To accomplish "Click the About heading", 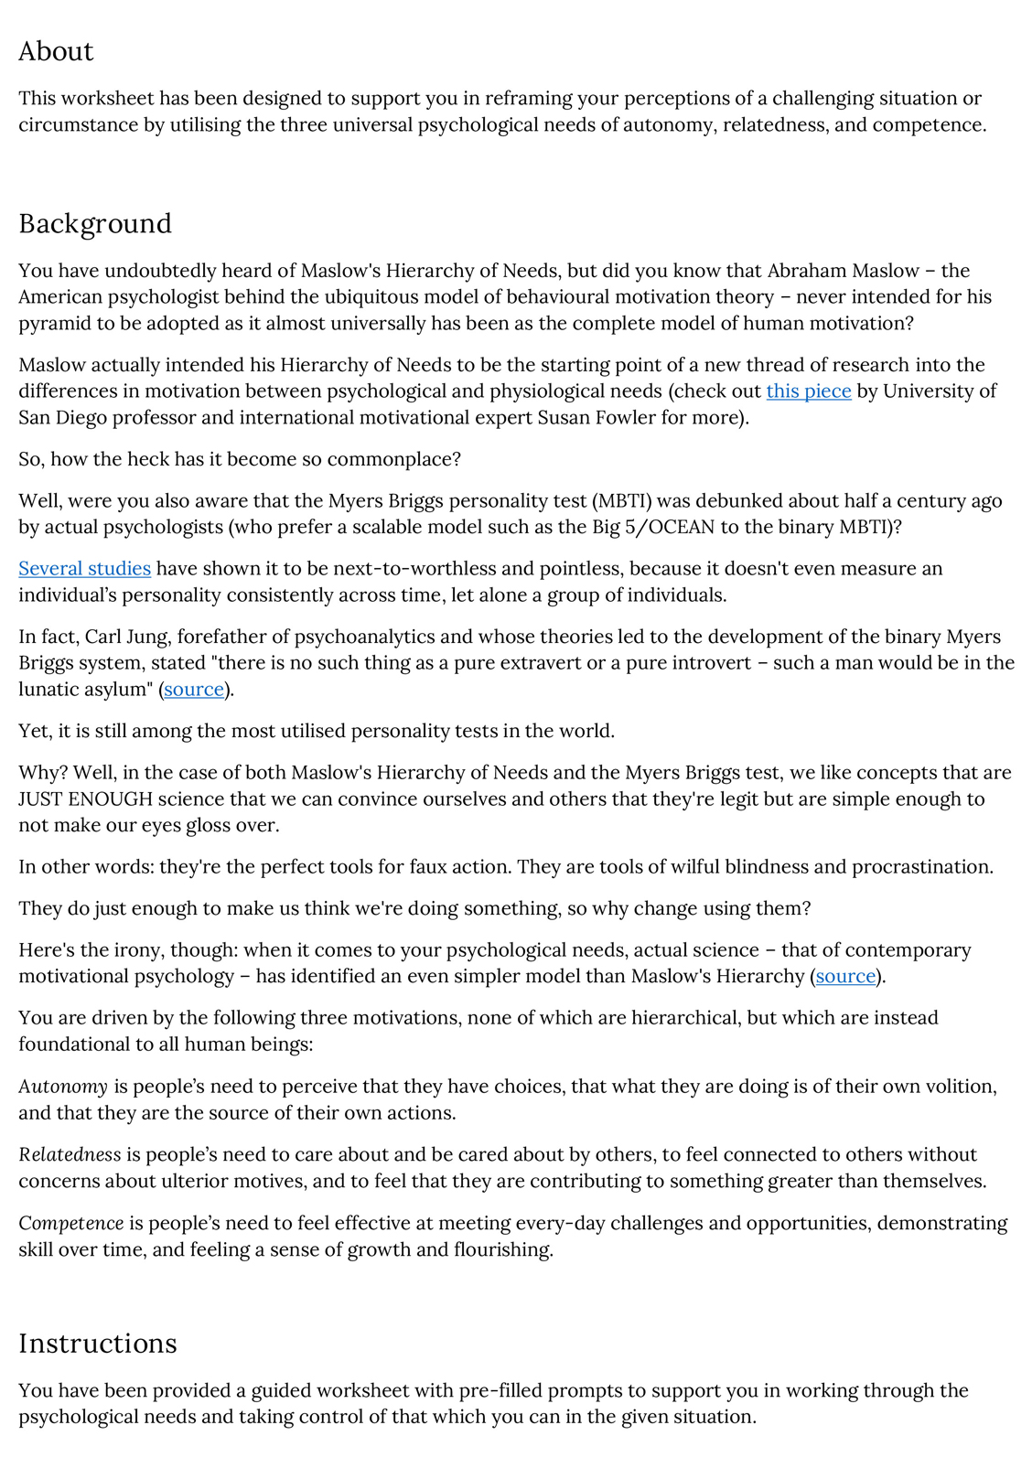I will (x=56, y=51).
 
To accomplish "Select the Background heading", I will (x=95, y=224).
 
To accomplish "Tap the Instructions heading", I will (x=98, y=1344).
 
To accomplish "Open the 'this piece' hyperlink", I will (x=809, y=391).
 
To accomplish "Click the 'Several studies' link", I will (x=84, y=569).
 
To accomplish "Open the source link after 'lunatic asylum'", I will (x=194, y=690).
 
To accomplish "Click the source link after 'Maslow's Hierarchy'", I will (x=845, y=977).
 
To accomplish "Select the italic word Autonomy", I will (x=63, y=1088).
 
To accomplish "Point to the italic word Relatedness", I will (x=70, y=1155).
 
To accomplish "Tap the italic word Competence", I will (x=71, y=1224).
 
